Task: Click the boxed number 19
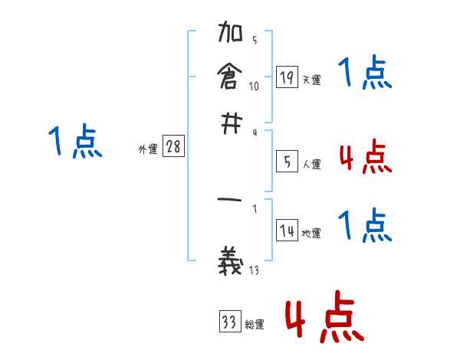(287, 77)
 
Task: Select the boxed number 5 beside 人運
(287, 162)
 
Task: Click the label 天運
(311, 80)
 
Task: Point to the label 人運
(311, 164)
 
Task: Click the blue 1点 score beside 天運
(365, 75)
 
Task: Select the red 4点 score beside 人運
(365, 158)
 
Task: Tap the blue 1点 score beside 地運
(365, 227)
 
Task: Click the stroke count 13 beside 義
(254, 269)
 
